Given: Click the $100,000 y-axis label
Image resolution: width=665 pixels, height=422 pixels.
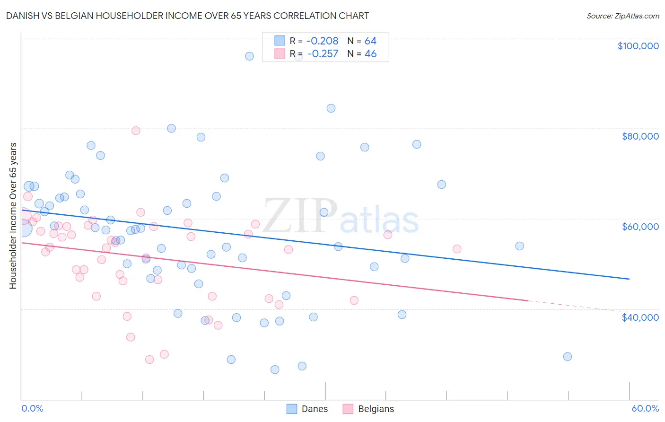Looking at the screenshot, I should [x=638, y=46].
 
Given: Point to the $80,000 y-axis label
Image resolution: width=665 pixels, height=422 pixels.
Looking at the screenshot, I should [x=640, y=136].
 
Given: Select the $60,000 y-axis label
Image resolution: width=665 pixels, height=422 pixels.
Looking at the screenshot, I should [x=640, y=227].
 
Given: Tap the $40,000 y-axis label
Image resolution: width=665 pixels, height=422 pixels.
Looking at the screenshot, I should [x=640, y=317].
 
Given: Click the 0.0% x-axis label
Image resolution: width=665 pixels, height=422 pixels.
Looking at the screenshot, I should [x=32, y=408].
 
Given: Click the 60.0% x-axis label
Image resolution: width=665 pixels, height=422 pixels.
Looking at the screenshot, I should [x=645, y=408].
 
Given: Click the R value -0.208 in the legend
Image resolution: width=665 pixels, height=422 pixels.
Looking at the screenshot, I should [x=322, y=41].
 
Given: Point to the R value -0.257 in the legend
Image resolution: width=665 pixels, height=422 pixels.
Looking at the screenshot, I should [x=323, y=54].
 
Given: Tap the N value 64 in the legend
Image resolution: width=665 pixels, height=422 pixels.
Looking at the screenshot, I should [x=370, y=41].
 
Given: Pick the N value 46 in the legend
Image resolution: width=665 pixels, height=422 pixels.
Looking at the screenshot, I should [x=370, y=54].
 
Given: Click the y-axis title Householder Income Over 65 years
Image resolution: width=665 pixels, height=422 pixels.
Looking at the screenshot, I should [x=13, y=216].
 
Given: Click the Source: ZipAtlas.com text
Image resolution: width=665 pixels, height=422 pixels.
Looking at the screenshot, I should [x=622, y=16].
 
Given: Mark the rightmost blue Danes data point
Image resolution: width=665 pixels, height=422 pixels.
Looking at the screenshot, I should [x=568, y=357].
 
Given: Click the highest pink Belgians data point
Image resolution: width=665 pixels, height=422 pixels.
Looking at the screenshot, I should [x=136, y=131].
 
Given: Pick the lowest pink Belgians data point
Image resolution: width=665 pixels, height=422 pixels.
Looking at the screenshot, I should [x=149, y=360].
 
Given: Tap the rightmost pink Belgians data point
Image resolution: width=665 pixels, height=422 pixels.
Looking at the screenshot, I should [x=457, y=249].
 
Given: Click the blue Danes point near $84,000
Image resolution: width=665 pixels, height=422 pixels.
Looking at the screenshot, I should [x=331, y=108].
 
